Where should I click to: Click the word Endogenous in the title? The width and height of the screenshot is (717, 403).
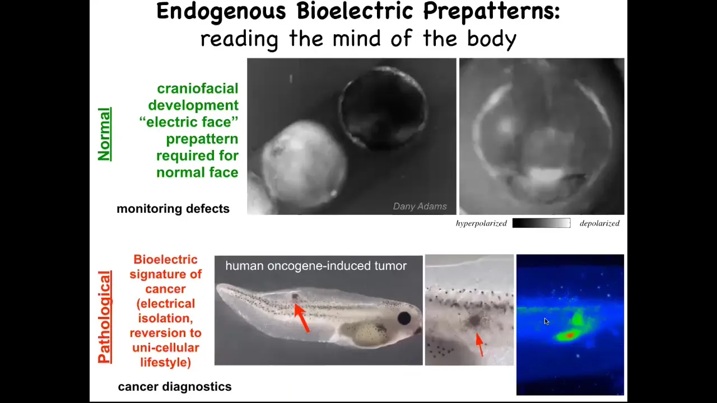221,12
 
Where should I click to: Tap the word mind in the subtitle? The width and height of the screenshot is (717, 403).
357,38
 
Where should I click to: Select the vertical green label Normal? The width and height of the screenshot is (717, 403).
105,134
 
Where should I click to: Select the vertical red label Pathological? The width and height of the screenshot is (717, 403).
105,317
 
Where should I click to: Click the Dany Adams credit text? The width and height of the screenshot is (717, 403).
420,207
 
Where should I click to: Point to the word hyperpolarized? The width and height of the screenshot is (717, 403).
481,223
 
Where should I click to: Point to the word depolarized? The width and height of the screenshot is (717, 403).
599,223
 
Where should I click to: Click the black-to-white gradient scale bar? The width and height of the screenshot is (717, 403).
541,223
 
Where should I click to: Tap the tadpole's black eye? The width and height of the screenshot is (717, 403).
404,318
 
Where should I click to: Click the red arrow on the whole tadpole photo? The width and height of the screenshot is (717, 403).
301,318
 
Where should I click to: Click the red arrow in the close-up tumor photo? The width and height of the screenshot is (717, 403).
479,344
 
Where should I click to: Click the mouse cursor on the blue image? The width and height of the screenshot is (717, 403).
546,321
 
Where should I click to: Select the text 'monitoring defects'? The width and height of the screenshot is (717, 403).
173,209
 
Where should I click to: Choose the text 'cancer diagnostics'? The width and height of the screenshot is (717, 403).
174,386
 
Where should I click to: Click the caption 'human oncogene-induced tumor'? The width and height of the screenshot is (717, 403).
316,266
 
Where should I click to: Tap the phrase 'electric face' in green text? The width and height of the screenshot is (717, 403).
189,122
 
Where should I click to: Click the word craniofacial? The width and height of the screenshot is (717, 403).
198,88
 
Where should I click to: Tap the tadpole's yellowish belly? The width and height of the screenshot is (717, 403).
366,334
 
